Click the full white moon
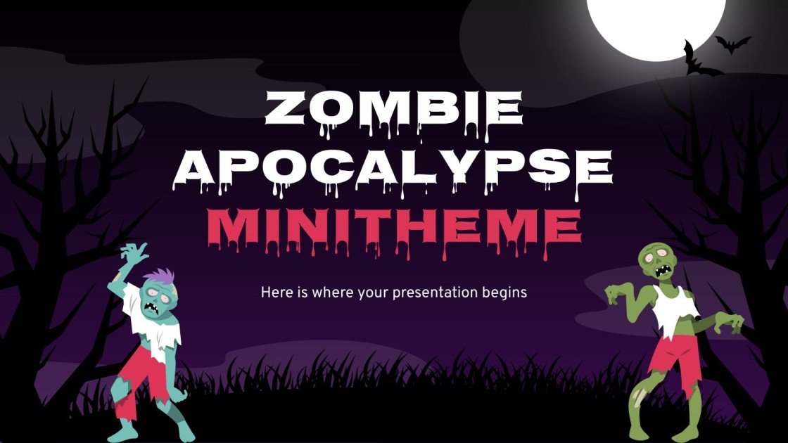coord(655,21)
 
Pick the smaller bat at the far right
coord(732,44)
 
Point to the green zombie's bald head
coord(654,257)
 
